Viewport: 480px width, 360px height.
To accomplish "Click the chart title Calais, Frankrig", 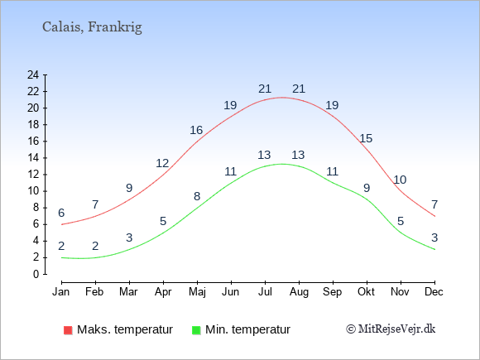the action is [92, 27].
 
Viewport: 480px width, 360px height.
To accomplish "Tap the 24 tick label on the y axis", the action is [33, 74].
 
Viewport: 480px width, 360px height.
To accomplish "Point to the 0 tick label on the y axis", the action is [36, 274].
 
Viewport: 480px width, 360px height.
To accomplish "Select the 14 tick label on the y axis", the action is [33, 157].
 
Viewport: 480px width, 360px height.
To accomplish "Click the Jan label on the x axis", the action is [61, 292].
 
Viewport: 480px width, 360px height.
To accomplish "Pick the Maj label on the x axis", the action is [197, 292].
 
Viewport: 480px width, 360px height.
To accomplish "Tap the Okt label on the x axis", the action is [366, 292].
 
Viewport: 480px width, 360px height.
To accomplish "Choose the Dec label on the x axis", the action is [434, 292].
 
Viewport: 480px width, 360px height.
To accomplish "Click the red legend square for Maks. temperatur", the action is [68, 330].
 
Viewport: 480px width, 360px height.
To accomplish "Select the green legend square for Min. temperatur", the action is [196, 330].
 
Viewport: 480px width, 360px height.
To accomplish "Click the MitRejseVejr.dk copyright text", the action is [391, 329].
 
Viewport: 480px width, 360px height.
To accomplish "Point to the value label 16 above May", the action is [196, 131].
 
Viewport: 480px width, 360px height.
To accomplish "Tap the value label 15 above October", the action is [366, 139].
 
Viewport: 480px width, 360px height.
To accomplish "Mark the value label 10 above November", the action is [400, 180].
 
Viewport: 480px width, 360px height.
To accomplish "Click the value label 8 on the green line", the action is [197, 196].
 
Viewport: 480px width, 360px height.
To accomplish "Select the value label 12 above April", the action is [162, 164].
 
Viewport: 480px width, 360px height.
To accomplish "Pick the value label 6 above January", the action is [61, 213].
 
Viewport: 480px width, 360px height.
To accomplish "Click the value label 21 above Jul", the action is [265, 89].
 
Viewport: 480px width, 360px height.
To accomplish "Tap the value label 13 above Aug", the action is [298, 156].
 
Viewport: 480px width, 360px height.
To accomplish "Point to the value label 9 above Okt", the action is [367, 188].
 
